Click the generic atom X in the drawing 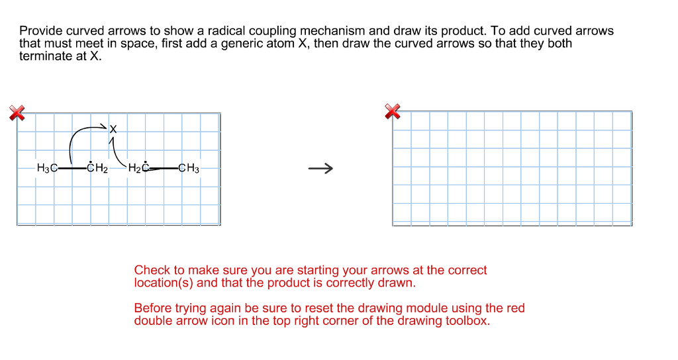pos(113,130)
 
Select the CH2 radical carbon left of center pos(97,168)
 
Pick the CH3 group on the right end pos(189,168)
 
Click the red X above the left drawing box pos(17,112)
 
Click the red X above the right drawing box pos(393,111)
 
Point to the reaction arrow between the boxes pos(320,169)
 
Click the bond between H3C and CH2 pos(72,168)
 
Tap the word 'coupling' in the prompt pos(271,31)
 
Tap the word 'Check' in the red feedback pos(151,270)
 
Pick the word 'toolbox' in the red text pos(464,321)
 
